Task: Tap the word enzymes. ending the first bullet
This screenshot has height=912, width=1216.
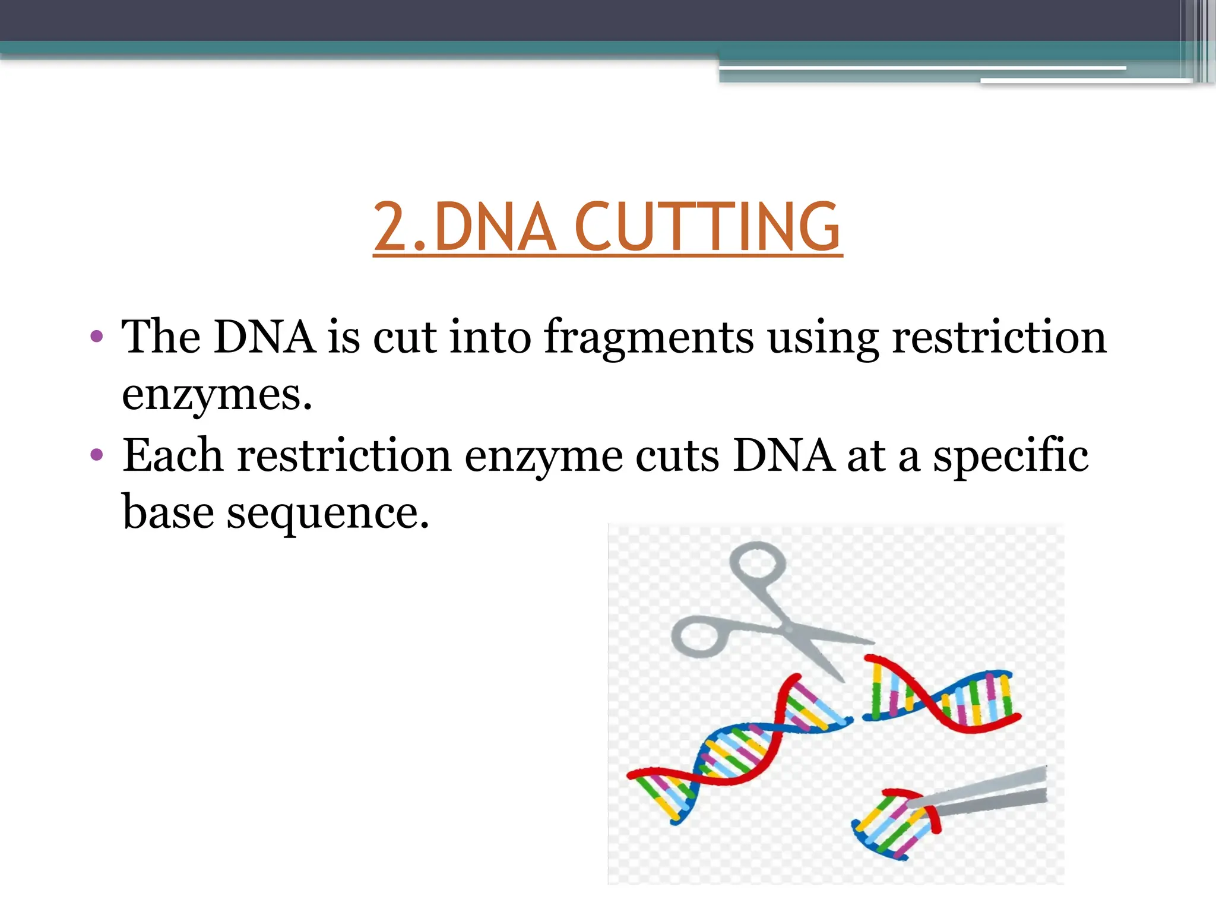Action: [217, 395]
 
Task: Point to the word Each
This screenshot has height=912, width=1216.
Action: [172, 455]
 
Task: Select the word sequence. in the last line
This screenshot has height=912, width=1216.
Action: [328, 513]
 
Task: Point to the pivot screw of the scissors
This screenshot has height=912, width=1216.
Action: [788, 628]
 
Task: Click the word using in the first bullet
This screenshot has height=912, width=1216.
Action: [823, 337]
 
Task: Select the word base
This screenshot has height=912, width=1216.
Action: [167, 513]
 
